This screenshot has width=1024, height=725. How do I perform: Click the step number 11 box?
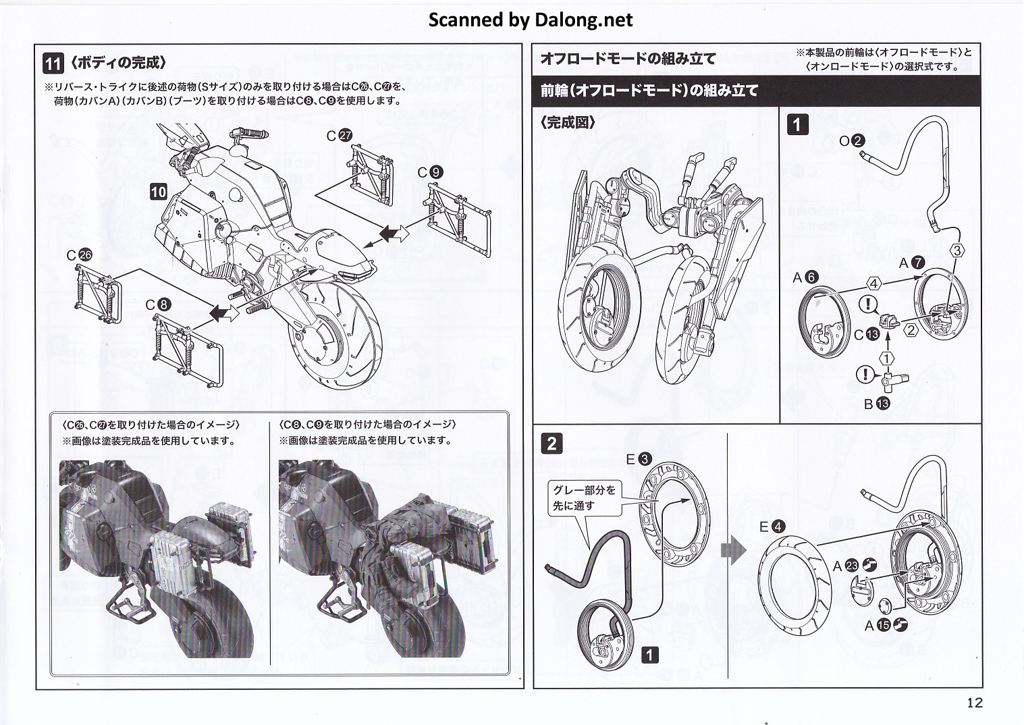[x=53, y=63]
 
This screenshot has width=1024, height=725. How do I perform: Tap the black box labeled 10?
[x=158, y=192]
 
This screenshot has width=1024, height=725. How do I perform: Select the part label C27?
[x=339, y=136]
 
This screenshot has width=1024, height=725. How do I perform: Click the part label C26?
[x=78, y=255]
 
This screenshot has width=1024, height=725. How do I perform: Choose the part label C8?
[x=158, y=304]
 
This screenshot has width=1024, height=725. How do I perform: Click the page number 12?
[x=974, y=703]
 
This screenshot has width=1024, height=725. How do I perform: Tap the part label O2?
[x=852, y=140]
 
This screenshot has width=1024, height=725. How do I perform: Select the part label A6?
[x=805, y=277]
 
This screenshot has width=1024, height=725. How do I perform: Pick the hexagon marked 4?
[x=873, y=284]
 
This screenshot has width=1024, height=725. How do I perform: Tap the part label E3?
[x=638, y=459]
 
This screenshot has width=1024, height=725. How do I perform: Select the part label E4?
[x=772, y=527]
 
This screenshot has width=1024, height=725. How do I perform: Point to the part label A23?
[x=854, y=566]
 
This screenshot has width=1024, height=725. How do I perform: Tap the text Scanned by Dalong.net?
[x=531, y=20]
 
